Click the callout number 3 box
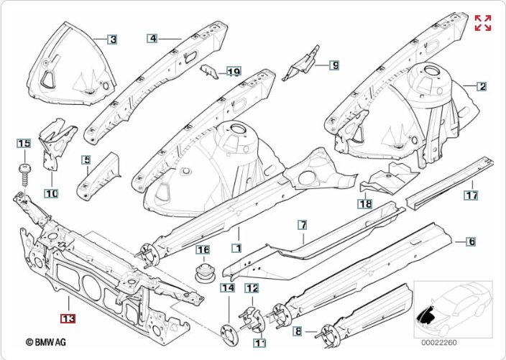[112, 40]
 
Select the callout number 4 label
[152, 38]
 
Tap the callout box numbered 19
[233, 71]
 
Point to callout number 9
[334, 65]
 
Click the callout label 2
[482, 87]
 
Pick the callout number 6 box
[471, 241]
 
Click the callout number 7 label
[303, 225]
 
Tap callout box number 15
[24, 144]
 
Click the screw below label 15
[24, 172]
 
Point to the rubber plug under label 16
[204, 274]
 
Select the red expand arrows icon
[483, 22]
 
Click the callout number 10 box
[51, 193]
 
